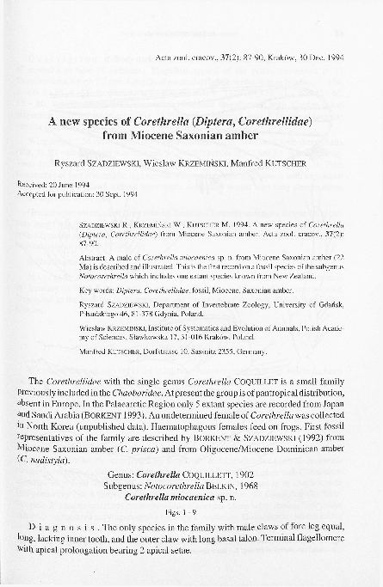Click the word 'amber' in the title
point(266,135)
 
